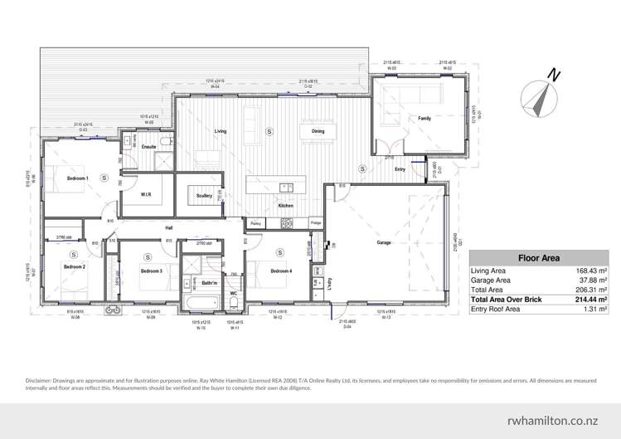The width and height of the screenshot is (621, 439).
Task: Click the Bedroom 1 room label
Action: coord(77,178)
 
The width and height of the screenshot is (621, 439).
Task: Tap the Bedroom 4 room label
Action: coord(280,271)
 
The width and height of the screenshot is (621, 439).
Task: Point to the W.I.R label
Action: coord(145,195)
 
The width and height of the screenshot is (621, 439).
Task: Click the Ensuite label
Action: coord(149,147)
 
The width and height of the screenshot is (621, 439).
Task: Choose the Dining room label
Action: coord(318,132)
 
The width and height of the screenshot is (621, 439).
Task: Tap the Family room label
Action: coord(424,119)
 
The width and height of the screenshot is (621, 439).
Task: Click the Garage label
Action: coord(384,243)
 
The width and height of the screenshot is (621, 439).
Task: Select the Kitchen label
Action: coord(285,205)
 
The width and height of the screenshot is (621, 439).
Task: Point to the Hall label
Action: coord(168,227)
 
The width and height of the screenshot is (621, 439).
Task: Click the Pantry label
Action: coord(255,224)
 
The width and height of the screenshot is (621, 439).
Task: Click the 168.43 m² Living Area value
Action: coord(592,271)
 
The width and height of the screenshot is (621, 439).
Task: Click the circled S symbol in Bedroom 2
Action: coord(74,255)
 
